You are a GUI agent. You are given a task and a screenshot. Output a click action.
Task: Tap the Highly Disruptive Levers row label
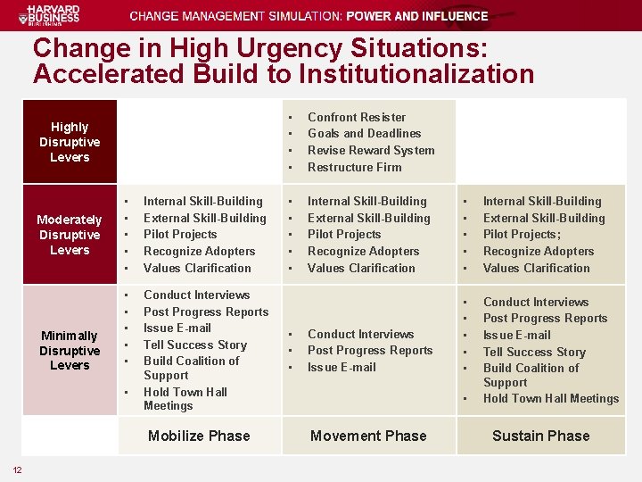[x=70, y=142]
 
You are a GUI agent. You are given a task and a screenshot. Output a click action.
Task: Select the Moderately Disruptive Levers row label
[x=70, y=235]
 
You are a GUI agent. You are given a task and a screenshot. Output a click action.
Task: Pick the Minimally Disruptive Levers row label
[x=70, y=350]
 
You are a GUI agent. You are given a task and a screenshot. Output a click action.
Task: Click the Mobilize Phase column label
[x=199, y=436]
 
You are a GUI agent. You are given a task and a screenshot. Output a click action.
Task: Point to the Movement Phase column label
[x=368, y=436]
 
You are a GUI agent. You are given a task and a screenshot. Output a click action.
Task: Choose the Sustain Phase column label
[x=541, y=436]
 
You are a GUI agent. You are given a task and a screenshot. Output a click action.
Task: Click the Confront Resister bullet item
[x=357, y=117]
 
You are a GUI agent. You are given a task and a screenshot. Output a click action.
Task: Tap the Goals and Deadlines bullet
[x=364, y=133]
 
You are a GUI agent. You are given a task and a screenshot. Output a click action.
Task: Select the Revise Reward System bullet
[x=371, y=150]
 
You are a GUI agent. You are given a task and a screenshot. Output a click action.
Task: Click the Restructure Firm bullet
[x=354, y=167]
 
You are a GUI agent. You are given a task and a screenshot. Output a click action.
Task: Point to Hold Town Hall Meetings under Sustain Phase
[x=550, y=398]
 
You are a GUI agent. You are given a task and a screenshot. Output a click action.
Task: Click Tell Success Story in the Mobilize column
[x=194, y=345]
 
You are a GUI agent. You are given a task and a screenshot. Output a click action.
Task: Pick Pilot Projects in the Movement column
[x=343, y=234]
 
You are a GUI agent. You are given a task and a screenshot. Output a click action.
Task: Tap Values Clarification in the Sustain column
[x=536, y=268]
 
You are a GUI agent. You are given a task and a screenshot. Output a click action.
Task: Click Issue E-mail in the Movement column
[x=342, y=367]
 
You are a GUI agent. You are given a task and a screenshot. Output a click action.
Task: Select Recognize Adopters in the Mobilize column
[x=199, y=251]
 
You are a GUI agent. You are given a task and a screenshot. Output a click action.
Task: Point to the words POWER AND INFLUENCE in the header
[x=417, y=16]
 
